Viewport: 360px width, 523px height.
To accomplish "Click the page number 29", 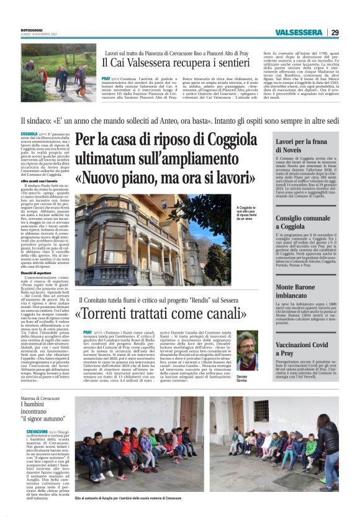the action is (x=335, y=32).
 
